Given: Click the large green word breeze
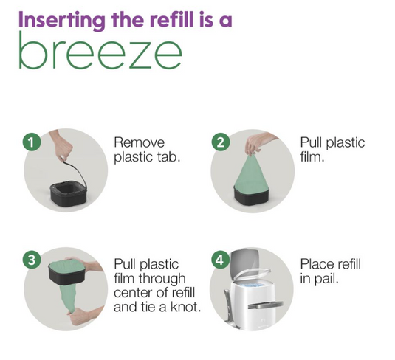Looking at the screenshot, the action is (x=100, y=51).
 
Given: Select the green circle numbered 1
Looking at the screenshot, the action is (x=32, y=142).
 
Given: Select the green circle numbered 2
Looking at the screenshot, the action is (x=221, y=142).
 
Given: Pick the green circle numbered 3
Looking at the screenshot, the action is (x=32, y=260).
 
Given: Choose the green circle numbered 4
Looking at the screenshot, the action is (x=221, y=260).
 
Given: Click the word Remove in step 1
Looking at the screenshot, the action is (x=140, y=142).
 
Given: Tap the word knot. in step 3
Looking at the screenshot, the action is (x=186, y=307).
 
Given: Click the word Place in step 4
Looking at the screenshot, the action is (x=316, y=264).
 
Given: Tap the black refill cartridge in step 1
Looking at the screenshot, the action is (x=67, y=195).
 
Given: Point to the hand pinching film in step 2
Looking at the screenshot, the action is (x=259, y=144).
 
